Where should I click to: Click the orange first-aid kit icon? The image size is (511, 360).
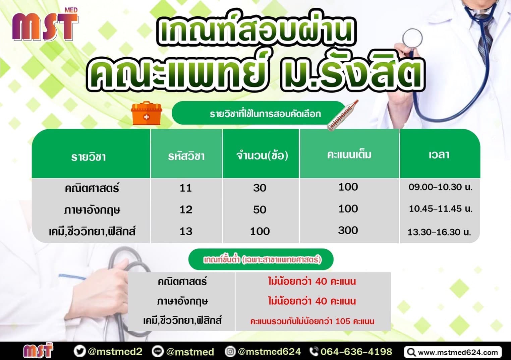point(146,113)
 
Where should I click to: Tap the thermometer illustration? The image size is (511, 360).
point(342,115)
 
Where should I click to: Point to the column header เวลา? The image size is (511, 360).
point(439,155)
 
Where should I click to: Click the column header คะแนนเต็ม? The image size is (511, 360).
point(349,155)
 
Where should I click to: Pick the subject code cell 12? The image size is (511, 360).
point(186,209)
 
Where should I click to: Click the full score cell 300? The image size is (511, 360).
point(348,230)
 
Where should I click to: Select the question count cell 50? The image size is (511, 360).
point(260,209)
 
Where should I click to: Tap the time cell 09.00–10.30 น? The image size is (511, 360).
point(440,187)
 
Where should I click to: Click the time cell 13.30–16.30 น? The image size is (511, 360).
point(439,232)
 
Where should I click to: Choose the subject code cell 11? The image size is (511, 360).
point(185,188)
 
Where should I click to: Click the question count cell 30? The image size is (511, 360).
point(260,188)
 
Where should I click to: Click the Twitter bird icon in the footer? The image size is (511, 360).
point(79,351)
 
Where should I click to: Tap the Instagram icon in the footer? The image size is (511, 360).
point(230,351)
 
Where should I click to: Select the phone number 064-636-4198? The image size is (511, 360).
point(356,352)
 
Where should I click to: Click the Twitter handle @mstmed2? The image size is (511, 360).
point(115,352)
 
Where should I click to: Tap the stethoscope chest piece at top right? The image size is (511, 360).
point(412,38)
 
